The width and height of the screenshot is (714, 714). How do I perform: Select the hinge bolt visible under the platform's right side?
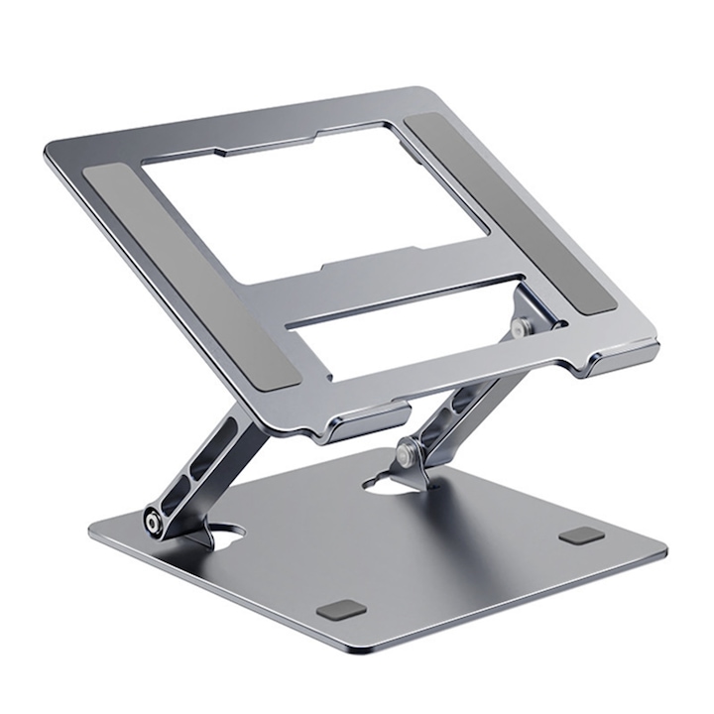(519, 324)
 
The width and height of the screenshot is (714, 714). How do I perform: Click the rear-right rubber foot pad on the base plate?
(581, 535)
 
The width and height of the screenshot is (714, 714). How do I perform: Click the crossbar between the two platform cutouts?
(407, 268)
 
